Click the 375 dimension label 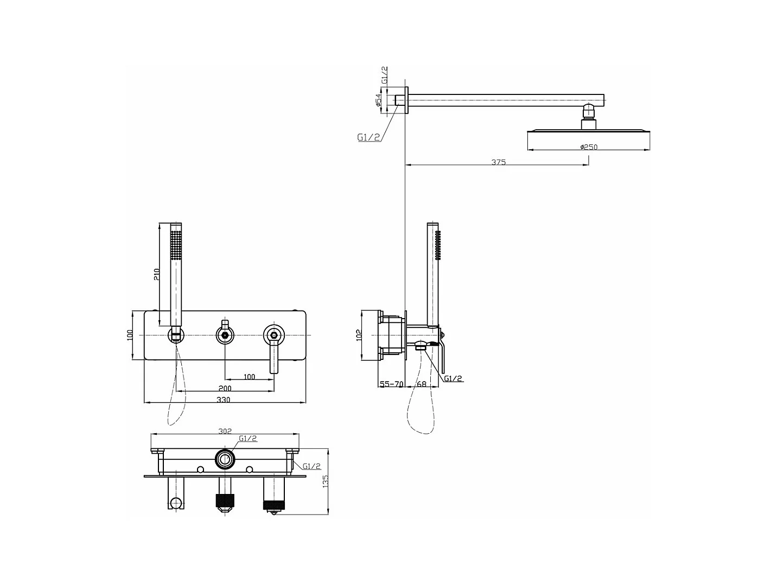click(x=499, y=162)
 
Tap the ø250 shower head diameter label click(x=588, y=147)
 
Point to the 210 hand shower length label click(x=157, y=275)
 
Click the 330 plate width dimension click(x=224, y=400)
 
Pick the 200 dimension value click(x=225, y=388)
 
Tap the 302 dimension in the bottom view click(x=225, y=431)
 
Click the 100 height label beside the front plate click(x=130, y=335)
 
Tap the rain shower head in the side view click(x=588, y=131)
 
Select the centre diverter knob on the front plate click(x=225, y=335)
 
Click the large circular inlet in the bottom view click(x=225, y=459)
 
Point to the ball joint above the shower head click(x=588, y=112)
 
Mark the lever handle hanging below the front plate click(x=275, y=359)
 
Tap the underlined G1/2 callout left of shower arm click(x=368, y=137)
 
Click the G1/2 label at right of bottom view click(x=311, y=466)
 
